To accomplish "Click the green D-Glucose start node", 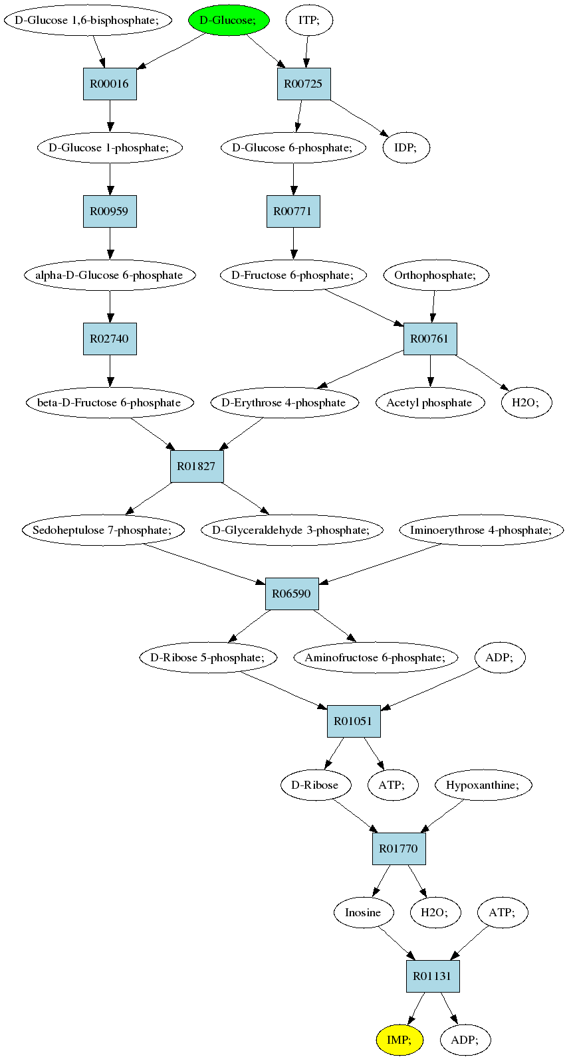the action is click(x=229, y=21).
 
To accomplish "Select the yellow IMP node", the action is click(x=399, y=1040).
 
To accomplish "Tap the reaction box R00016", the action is click(x=110, y=84).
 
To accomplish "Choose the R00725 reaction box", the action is click(x=303, y=84).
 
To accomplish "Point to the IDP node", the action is click(x=406, y=147).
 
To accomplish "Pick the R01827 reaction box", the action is click(x=197, y=466).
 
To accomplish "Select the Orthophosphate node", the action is click(x=435, y=275).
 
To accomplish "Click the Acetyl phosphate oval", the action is click(x=430, y=403).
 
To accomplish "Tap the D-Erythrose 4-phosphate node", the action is click(x=284, y=403).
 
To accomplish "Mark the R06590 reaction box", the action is click(x=292, y=594).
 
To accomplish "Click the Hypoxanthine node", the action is click(x=483, y=785).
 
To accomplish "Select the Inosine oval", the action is click(x=363, y=912).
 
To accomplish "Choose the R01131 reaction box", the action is click(x=433, y=976).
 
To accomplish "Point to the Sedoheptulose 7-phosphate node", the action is click(x=103, y=530).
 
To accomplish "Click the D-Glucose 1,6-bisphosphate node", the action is click(x=87, y=21).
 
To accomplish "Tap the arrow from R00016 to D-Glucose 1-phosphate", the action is click(x=110, y=116).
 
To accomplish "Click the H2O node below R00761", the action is click(x=526, y=403).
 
